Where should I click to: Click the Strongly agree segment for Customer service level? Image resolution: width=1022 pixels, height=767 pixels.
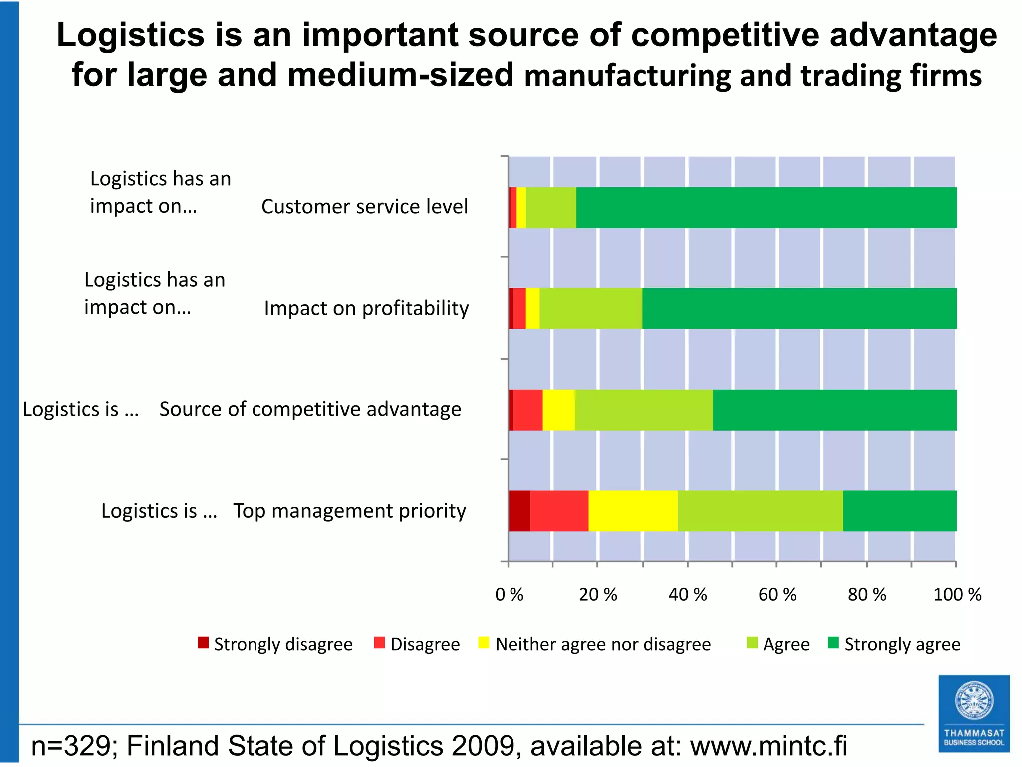[766, 208]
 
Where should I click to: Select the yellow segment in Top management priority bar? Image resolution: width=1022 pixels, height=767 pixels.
[633, 511]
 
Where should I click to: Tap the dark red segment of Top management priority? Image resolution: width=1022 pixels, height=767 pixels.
[519, 511]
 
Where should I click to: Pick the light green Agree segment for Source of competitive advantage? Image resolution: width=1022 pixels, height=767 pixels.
[644, 410]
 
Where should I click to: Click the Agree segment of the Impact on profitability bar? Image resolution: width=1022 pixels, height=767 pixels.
[591, 308]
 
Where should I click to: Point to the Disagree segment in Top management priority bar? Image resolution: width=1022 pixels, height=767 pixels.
[559, 511]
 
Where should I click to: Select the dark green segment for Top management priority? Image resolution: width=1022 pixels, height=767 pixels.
[900, 511]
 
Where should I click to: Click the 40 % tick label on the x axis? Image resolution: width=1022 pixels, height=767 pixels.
[688, 595]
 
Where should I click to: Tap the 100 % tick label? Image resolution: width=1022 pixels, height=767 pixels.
[957, 595]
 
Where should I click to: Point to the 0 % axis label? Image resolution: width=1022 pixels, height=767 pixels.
[509, 595]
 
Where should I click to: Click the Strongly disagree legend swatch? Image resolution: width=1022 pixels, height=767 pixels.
[203, 643]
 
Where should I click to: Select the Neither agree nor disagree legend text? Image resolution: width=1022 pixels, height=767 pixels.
[603, 644]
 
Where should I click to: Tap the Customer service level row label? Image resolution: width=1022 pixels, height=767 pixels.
[365, 207]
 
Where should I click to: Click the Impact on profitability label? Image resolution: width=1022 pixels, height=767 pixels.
[366, 308]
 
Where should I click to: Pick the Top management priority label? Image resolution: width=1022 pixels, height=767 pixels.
[349, 511]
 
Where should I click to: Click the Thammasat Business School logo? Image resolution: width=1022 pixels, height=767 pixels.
[974, 713]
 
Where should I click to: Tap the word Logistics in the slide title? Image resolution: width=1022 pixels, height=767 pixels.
[131, 35]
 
